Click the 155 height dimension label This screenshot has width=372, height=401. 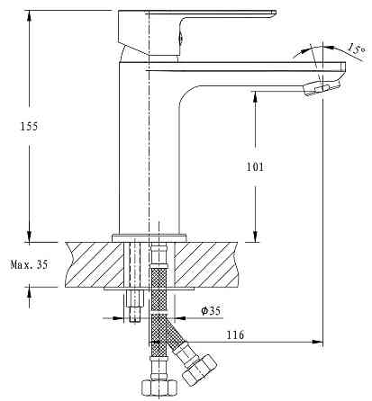29,127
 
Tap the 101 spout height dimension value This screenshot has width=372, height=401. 255,166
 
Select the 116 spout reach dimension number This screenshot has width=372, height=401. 235,334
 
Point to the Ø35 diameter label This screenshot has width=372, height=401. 211,311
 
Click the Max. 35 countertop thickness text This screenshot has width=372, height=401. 29,264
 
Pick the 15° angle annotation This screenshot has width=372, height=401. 357,49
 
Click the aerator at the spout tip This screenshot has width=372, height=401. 322,88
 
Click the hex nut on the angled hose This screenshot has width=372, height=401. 200,370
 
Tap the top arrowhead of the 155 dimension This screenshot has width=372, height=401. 29,16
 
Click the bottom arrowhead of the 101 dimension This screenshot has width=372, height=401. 255,236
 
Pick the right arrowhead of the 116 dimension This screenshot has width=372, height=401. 317,342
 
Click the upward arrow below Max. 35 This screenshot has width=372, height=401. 29,291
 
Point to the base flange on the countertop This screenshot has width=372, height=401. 150,238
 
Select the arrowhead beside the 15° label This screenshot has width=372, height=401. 329,48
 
